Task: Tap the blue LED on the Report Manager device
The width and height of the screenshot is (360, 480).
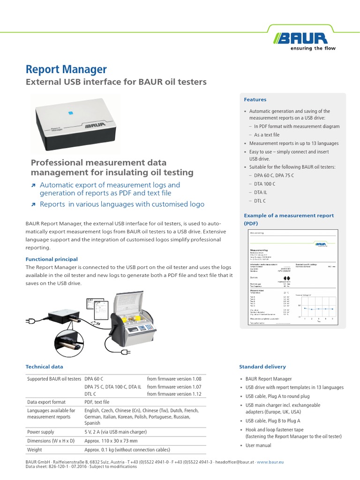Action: [x=69, y=112]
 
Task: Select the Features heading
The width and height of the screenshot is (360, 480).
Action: [x=255, y=99]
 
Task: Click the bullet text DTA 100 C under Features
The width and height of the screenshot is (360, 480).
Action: [x=264, y=184]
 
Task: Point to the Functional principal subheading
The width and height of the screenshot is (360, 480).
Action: [x=52, y=259]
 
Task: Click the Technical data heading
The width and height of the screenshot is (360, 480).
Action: [x=44, y=367]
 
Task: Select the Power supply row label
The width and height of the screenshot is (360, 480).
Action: [x=41, y=432]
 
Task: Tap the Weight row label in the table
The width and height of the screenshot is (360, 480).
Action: [x=34, y=450]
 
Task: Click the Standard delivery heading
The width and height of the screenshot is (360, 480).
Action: [x=262, y=367]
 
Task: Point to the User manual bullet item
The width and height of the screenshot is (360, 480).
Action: [x=258, y=445]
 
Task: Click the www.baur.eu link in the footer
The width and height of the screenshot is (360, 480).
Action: [x=270, y=462]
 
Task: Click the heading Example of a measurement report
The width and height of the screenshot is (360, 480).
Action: [x=289, y=216]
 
